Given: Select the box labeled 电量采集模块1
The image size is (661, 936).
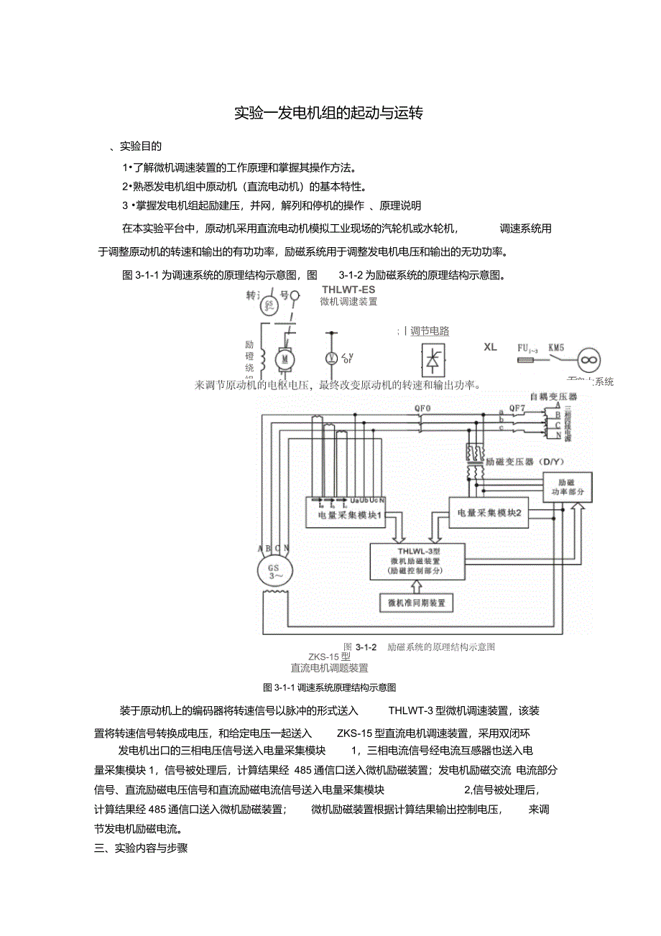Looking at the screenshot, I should coord(347,511).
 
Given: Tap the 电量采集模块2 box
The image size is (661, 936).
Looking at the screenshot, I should coord(489,512).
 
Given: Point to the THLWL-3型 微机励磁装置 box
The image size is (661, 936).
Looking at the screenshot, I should coord(417,561).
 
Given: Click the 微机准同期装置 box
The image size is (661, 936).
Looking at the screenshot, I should coord(416,603).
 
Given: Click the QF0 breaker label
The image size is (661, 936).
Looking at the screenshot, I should coord(423,407).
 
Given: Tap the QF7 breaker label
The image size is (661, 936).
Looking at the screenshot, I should coord(517,409).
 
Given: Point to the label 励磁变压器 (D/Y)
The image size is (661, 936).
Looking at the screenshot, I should coord(519,461).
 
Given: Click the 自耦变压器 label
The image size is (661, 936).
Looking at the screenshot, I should coord(553,396).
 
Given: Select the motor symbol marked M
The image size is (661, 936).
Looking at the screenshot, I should coord(285,358).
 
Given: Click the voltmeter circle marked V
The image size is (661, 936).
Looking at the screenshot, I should coord(331,357).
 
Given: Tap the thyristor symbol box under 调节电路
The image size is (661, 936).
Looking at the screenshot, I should coord(432,359).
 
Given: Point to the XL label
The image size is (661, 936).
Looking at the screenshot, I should coord(490,347).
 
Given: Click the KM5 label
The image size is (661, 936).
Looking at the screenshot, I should coord(556,347).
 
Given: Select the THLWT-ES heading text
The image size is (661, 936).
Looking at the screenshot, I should coord(348,289).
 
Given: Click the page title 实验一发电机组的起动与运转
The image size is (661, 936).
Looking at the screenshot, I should coord(330,113).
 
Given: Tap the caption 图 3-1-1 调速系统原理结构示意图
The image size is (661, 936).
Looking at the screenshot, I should coord(330,687).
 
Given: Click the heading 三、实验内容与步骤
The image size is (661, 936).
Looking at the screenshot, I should coord(141,848).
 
